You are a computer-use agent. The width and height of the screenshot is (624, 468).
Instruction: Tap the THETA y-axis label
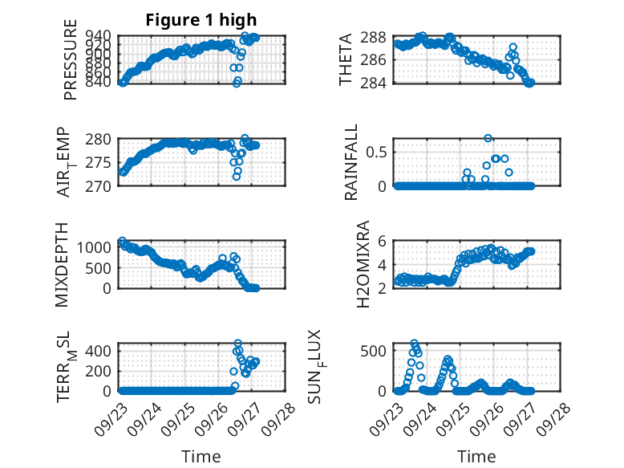point(346,59)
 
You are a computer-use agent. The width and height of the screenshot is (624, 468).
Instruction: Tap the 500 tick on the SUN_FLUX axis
point(380,351)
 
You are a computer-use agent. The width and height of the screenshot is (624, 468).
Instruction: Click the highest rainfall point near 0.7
point(488,138)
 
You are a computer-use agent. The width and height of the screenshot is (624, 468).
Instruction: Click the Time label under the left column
point(201,456)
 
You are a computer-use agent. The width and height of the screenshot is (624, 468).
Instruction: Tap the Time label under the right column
point(476,456)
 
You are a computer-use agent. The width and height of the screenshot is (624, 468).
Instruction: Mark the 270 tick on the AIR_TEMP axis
point(103,185)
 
